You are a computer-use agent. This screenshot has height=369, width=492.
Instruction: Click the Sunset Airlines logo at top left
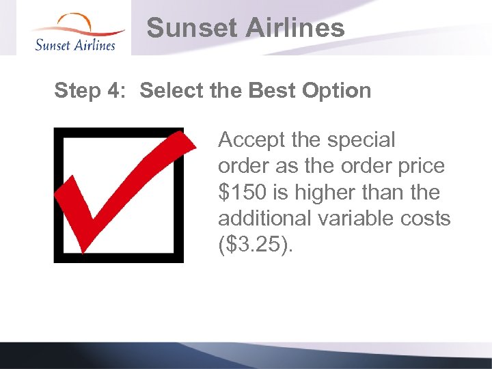coord(75,33)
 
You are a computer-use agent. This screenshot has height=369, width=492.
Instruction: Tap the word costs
coord(428,219)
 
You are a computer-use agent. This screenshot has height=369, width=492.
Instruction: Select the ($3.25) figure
coord(254,245)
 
